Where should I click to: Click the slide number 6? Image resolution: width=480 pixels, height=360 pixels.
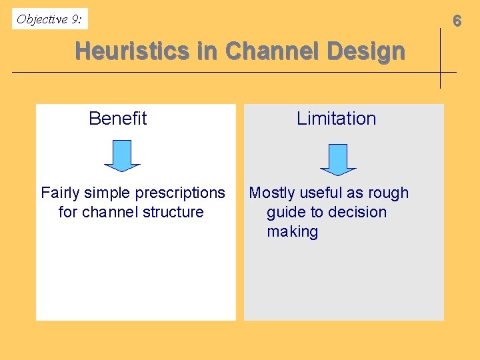[457, 21]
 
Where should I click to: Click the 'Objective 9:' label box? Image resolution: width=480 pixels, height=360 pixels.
[50, 19]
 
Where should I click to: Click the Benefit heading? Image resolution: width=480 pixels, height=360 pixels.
[117, 119]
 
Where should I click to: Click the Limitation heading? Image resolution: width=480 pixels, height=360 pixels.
[336, 119]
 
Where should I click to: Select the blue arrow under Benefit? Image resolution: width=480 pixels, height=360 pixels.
[122, 155]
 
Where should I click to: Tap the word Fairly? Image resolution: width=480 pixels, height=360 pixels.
[59, 193]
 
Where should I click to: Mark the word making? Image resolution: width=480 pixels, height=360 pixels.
[292, 232]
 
